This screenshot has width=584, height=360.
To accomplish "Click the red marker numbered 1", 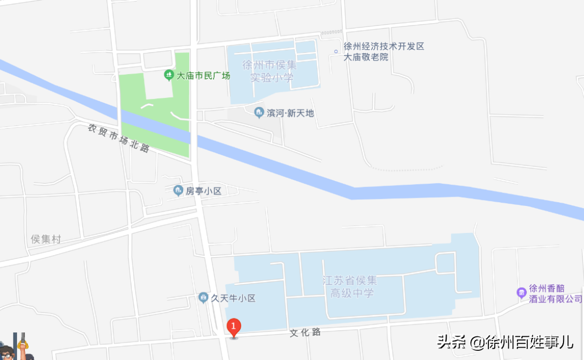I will (x=233, y=326).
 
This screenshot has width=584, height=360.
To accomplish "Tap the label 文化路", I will (x=305, y=332).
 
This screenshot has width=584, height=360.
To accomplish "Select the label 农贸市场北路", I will (x=118, y=138).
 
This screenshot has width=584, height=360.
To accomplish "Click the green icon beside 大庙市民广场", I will (x=169, y=75).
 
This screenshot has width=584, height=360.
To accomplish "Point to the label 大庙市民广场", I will (x=204, y=76).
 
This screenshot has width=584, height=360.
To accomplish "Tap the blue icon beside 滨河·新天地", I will (x=259, y=112).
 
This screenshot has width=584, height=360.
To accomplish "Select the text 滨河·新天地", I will (x=290, y=113).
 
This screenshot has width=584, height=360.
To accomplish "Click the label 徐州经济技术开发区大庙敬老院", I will (x=384, y=51).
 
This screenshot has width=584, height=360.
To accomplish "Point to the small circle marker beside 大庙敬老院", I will (x=336, y=51).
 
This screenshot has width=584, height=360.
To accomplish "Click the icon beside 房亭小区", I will (x=177, y=190).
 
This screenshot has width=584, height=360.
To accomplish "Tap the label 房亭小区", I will (x=204, y=191).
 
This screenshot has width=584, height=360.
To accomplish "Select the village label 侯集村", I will (x=46, y=239).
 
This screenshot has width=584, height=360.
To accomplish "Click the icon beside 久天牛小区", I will (x=203, y=297).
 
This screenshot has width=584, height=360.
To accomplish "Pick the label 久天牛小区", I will (x=233, y=298).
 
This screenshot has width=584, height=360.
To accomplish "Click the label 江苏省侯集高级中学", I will (x=349, y=287).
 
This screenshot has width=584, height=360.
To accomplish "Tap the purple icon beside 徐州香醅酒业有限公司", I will (x=521, y=292).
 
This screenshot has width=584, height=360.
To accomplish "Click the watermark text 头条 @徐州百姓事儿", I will (x=505, y=342).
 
